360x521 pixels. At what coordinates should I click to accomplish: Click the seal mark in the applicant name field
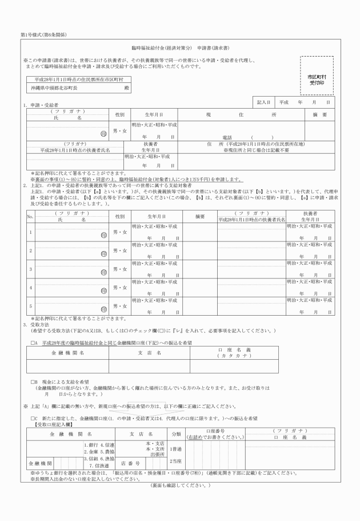tap(103, 133)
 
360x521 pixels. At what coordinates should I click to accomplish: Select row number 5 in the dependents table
tap(30, 305)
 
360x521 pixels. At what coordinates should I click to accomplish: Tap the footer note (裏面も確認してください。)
tap(180, 486)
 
